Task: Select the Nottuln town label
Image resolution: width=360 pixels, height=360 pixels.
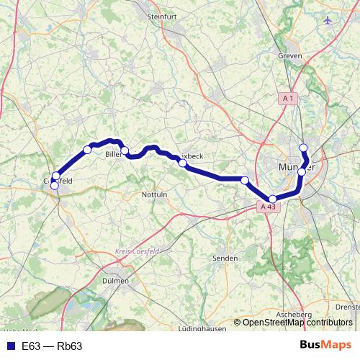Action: tap(155, 194)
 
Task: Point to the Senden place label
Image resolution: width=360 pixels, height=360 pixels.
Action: tap(225, 257)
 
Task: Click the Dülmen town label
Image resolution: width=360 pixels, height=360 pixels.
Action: tap(115, 281)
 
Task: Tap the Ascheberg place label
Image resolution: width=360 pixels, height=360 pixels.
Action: tap(297, 315)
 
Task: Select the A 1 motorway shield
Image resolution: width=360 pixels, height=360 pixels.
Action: tap(289, 98)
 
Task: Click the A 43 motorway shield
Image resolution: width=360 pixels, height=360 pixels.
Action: tap(268, 207)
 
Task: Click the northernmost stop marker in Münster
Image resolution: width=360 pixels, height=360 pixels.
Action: tap(303, 148)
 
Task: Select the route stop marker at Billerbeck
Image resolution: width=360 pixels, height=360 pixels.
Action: tap(125, 150)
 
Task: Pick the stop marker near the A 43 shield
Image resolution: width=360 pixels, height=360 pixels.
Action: tap(272, 198)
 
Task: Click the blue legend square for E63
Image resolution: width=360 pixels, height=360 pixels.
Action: tap(8, 346)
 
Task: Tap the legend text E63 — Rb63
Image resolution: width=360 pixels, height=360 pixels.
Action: tap(52, 346)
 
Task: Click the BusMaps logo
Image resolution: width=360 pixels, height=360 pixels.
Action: tap(325, 346)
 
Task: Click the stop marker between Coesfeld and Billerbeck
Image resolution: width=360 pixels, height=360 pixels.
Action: tap(87, 150)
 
